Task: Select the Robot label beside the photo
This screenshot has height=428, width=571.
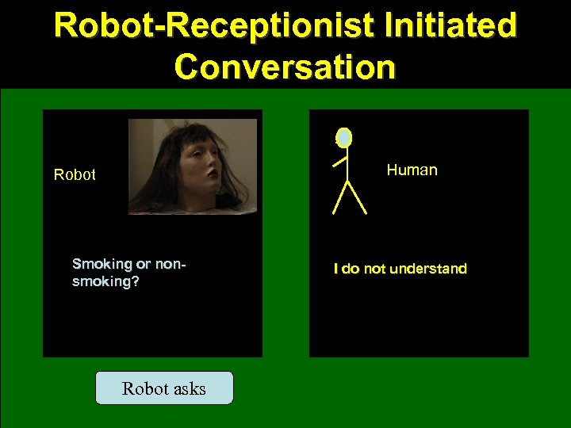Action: tap(75, 174)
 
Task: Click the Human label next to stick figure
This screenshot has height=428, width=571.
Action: tap(412, 170)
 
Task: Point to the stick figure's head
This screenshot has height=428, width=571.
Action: tap(343, 138)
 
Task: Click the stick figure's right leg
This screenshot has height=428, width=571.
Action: tap(357, 198)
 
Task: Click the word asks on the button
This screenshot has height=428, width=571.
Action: tap(187, 388)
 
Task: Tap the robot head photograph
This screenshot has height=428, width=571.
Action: tap(193, 166)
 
